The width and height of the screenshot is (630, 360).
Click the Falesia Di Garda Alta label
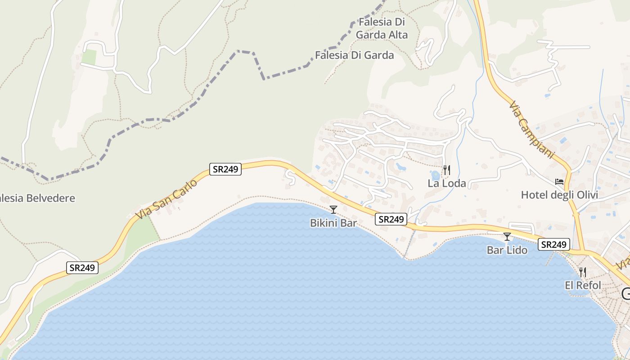click(382, 28)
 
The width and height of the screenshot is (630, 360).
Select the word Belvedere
click(50, 198)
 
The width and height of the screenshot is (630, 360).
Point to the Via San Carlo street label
click(166, 199)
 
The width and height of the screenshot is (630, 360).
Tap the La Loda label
click(446, 184)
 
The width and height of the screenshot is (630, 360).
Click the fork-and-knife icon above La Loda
click(446, 170)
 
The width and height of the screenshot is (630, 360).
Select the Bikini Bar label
click(333, 223)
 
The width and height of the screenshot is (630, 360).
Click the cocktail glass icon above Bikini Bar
click(333, 209)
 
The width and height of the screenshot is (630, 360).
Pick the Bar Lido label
click(507, 250)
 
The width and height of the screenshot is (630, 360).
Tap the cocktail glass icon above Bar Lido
click(507, 236)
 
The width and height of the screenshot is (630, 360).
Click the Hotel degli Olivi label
click(559, 195)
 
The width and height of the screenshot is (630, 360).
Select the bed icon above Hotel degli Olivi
click(559, 182)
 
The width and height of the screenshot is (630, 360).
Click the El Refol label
click(583, 285)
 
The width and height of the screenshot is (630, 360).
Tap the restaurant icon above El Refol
click(583, 272)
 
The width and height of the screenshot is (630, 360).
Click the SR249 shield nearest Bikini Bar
click(391, 219)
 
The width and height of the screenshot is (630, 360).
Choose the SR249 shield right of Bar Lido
click(553, 244)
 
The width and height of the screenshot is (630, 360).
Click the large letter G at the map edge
click(626, 293)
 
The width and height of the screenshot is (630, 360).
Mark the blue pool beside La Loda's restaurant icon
click(435, 175)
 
